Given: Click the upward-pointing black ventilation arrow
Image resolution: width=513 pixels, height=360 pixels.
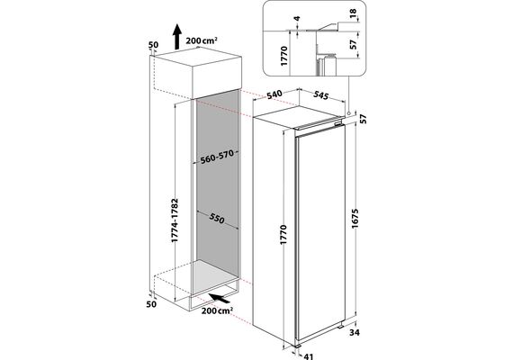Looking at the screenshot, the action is tap(177, 36).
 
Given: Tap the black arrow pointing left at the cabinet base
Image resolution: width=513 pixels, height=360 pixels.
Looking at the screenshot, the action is tap(220, 298).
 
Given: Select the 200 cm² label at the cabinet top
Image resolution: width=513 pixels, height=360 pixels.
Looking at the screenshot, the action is tap(202, 40).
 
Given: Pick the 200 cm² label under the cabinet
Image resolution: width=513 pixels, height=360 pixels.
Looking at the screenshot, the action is tap(217, 310).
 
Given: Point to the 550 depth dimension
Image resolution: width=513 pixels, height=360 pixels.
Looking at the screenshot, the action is tap(216, 219).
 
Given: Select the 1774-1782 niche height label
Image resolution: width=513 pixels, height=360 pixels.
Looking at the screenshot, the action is tap(175, 220).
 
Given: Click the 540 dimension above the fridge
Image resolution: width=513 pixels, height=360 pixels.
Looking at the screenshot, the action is tap(274, 94).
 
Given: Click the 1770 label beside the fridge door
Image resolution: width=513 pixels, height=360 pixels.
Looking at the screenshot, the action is tap(283, 234).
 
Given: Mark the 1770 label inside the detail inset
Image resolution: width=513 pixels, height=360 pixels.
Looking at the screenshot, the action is tap(284, 56).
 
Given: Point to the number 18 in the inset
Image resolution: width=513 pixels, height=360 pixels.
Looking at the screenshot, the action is tap(353, 13).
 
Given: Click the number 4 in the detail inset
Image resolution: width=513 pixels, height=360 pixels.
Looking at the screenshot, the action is tap(297, 18).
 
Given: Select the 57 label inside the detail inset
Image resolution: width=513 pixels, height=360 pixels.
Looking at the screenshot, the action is tap(353, 44).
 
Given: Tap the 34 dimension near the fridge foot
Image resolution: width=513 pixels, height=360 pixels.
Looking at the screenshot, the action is tap(355, 332).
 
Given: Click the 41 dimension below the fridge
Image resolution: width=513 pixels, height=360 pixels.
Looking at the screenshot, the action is tap(309, 356).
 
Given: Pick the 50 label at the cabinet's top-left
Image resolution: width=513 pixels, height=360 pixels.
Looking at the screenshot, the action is tap(153, 44).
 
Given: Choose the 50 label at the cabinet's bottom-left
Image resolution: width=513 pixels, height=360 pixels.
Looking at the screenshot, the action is tap(151, 304).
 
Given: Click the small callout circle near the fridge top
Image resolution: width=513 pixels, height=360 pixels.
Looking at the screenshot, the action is tap(349, 112).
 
